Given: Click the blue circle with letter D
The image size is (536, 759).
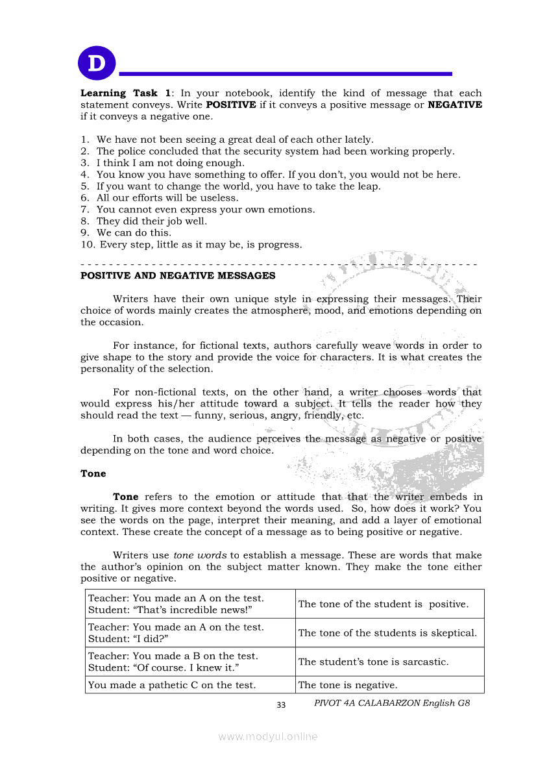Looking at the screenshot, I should [97, 64].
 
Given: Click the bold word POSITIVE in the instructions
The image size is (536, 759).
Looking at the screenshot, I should [231, 105].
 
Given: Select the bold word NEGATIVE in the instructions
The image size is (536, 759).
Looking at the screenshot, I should [455, 105].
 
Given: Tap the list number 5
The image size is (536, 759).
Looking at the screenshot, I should [84, 186].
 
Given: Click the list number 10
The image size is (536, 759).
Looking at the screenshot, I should [88, 245].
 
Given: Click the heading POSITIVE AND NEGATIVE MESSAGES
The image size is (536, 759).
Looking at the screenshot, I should [178, 276].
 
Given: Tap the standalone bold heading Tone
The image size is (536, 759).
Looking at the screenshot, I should [93, 474].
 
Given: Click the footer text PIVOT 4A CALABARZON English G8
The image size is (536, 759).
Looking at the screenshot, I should [391, 703].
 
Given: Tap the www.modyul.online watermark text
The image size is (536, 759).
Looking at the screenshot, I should [268, 736].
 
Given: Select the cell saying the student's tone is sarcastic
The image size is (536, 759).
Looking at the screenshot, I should [373, 662].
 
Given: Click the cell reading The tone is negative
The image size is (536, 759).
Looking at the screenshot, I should [347, 685].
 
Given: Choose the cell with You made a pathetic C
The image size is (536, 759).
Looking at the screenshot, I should [171, 685].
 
